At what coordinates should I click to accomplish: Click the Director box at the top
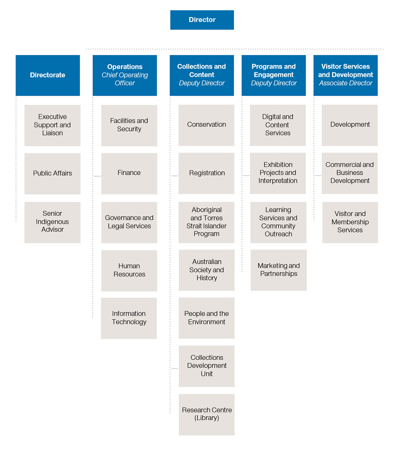click(x=202, y=20)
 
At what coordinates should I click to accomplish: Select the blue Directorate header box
click(x=48, y=75)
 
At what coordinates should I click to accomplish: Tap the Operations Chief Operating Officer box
click(x=125, y=75)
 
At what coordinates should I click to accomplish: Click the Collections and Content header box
click(x=202, y=75)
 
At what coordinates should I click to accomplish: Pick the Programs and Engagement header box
click(x=274, y=75)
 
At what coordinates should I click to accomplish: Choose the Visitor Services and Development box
click(x=346, y=75)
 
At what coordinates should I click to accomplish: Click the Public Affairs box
click(x=52, y=174)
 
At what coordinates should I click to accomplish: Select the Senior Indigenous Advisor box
click(x=52, y=222)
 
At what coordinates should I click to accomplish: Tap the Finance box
click(x=129, y=174)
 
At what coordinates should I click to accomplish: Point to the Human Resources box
click(x=129, y=271)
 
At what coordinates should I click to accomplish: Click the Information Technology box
click(x=129, y=318)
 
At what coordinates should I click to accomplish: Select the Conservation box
click(x=206, y=125)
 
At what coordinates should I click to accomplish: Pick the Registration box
click(x=206, y=173)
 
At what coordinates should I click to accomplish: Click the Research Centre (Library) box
click(x=207, y=415)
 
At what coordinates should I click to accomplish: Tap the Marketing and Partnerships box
click(x=278, y=270)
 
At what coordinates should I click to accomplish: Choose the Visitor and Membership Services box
click(x=350, y=222)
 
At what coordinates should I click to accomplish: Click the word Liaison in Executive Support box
click(x=52, y=133)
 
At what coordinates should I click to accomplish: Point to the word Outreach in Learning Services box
click(x=278, y=234)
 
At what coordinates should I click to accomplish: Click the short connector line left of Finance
click(x=97, y=176)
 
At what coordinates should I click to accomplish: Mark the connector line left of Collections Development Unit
click(x=175, y=368)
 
